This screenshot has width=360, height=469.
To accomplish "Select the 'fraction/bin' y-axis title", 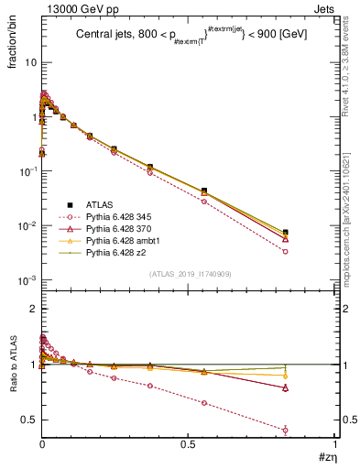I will coord(19,43).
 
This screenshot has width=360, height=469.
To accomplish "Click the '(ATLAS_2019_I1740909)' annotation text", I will coord(190,274).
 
